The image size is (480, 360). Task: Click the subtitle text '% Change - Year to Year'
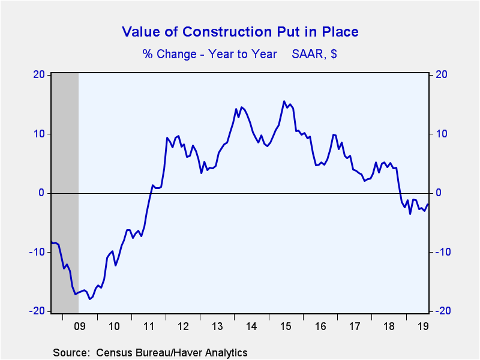pos(209,54)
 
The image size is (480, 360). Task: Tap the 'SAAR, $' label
pos(314,54)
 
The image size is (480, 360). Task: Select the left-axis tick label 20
pos(40,75)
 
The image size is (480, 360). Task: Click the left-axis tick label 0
pos(42,193)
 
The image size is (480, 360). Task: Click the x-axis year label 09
pos(79,327)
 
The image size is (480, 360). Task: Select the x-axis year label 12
pos(184,327)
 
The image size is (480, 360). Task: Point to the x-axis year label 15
pos(289,327)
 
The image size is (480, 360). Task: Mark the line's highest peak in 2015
pos(284,101)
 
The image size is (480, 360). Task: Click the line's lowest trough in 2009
pos(89,299)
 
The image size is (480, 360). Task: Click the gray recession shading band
pos(65,192)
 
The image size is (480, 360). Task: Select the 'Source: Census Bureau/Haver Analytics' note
pos(150,352)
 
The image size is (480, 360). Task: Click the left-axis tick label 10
pos(40,134)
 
